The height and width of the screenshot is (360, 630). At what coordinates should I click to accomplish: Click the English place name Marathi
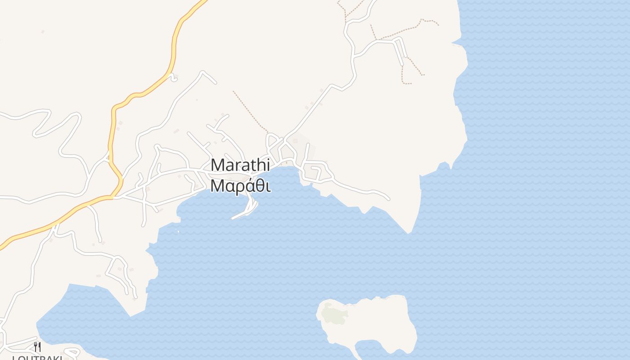coord(240,165)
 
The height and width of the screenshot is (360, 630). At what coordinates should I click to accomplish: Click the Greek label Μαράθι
coord(240,186)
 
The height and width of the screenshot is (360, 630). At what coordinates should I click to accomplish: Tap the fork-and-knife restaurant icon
coord(37,346)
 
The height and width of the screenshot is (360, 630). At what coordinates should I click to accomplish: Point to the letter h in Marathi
coord(261,165)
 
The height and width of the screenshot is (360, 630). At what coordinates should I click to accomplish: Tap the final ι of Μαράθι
coord(268,186)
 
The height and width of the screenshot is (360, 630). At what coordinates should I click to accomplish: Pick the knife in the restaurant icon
coord(40,346)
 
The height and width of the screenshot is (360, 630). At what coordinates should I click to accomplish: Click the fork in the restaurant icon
coord(35,346)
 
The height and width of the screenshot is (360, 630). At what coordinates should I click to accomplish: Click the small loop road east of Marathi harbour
coord(314,174)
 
